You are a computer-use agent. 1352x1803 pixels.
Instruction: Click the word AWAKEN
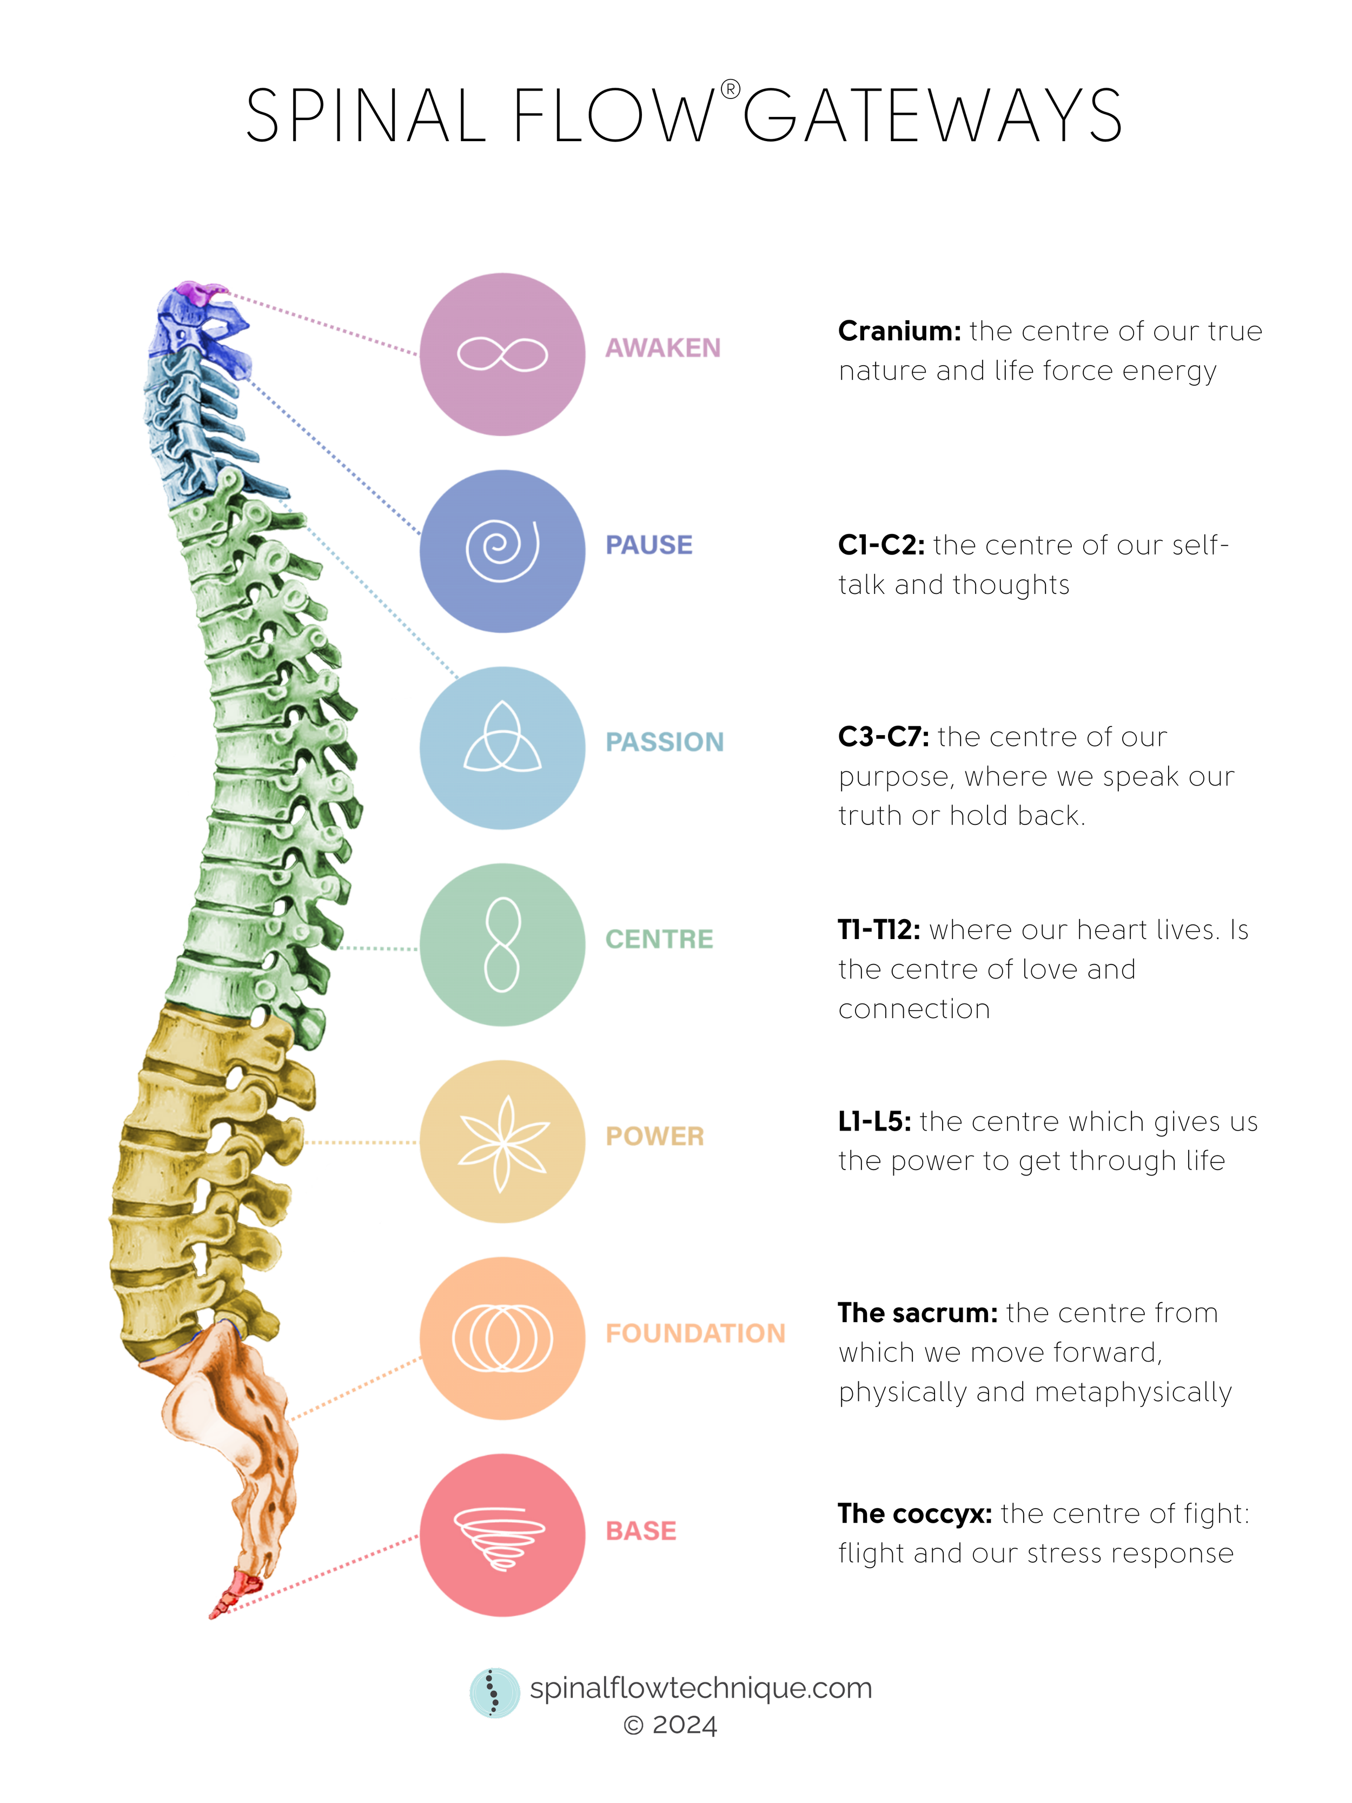[662, 348]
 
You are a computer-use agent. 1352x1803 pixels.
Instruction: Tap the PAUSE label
[649, 545]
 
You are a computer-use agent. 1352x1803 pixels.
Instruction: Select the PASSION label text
[664, 742]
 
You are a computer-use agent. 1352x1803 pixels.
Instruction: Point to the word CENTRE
[659, 939]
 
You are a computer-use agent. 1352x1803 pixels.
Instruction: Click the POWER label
[654, 1135]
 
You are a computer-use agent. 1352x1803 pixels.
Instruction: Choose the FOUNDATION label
[694, 1333]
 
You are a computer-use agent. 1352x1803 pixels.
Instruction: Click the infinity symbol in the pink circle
[502, 354]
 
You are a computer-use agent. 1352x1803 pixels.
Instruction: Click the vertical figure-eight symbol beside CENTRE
[502, 944]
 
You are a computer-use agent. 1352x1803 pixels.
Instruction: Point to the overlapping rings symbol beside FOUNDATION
[502, 1338]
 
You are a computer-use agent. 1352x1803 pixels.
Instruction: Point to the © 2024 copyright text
[670, 1725]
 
